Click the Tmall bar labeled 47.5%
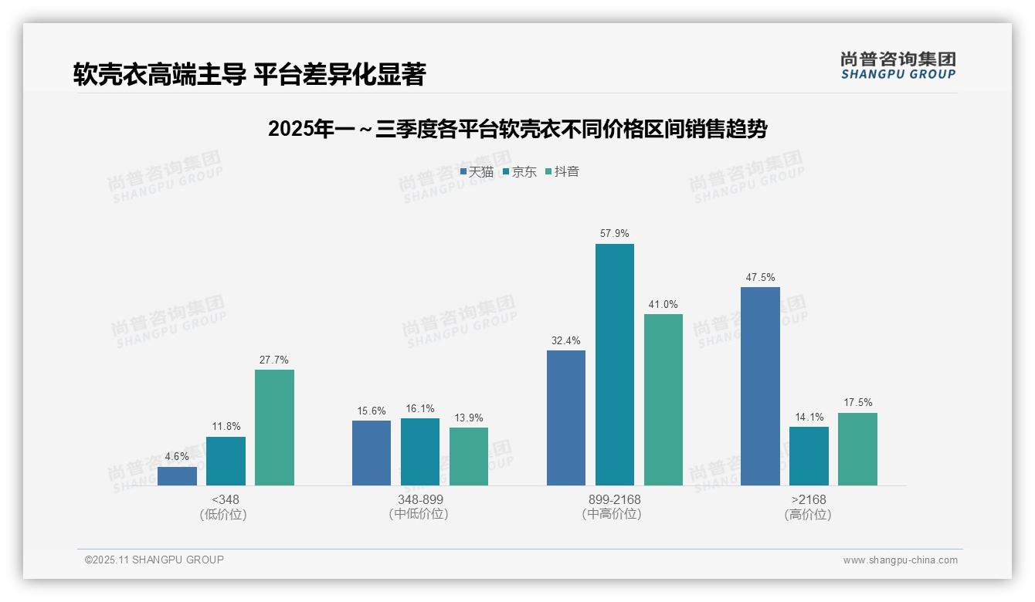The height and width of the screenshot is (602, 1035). tap(760, 386)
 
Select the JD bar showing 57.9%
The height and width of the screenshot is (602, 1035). tap(614, 364)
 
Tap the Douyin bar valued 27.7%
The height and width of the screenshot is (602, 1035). tap(274, 427)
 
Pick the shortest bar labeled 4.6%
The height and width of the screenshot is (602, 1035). tap(177, 475)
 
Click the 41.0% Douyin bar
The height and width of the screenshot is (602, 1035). tap(663, 399)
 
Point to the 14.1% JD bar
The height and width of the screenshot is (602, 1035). tap(809, 455)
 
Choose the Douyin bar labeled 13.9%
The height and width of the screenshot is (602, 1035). tap(469, 456)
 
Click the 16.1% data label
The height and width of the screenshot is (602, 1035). tap(420, 409)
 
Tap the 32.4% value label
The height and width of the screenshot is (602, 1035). tap(565, 340)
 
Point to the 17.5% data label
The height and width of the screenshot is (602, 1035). tap(857, 403)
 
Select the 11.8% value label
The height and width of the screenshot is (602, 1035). tap(226, 427)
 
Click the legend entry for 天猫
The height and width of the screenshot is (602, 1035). tap(477, 172)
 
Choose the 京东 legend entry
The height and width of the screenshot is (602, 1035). tap(520, 172)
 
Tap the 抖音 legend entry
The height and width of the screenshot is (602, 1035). tap(562, 172)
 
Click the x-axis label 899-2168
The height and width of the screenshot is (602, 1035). tap(614, 500)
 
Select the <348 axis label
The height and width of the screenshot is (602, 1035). tap(225, 500)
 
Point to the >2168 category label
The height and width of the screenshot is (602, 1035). tap(808, 500)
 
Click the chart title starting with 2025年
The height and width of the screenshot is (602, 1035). tap(517, 130)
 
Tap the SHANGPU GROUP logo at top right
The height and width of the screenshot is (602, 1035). tap(898, 66)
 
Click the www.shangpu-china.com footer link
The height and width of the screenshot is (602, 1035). tap(900, 560)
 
